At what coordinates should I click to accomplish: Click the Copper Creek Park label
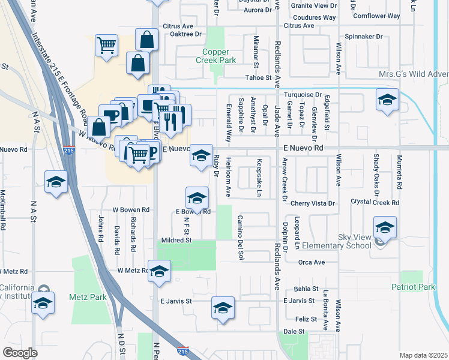pyautogui.click(x=215, y=56)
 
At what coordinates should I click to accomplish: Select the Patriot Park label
pyautogui.click(x=413, y=287)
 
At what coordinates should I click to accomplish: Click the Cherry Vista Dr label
pyautogui.click(x=313, y=203)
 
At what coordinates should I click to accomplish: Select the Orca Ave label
pyautogui.click(x=311, y=262)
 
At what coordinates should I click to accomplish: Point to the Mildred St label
pyautogui.click(x=175, y=240)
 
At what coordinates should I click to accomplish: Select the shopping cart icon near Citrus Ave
pyautogui.click(x=106, y=45)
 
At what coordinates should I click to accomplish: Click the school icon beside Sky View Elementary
pyautogui.click(x=384, y=227)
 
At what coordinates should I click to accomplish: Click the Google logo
pyautogui.click(x=20, y=353)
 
